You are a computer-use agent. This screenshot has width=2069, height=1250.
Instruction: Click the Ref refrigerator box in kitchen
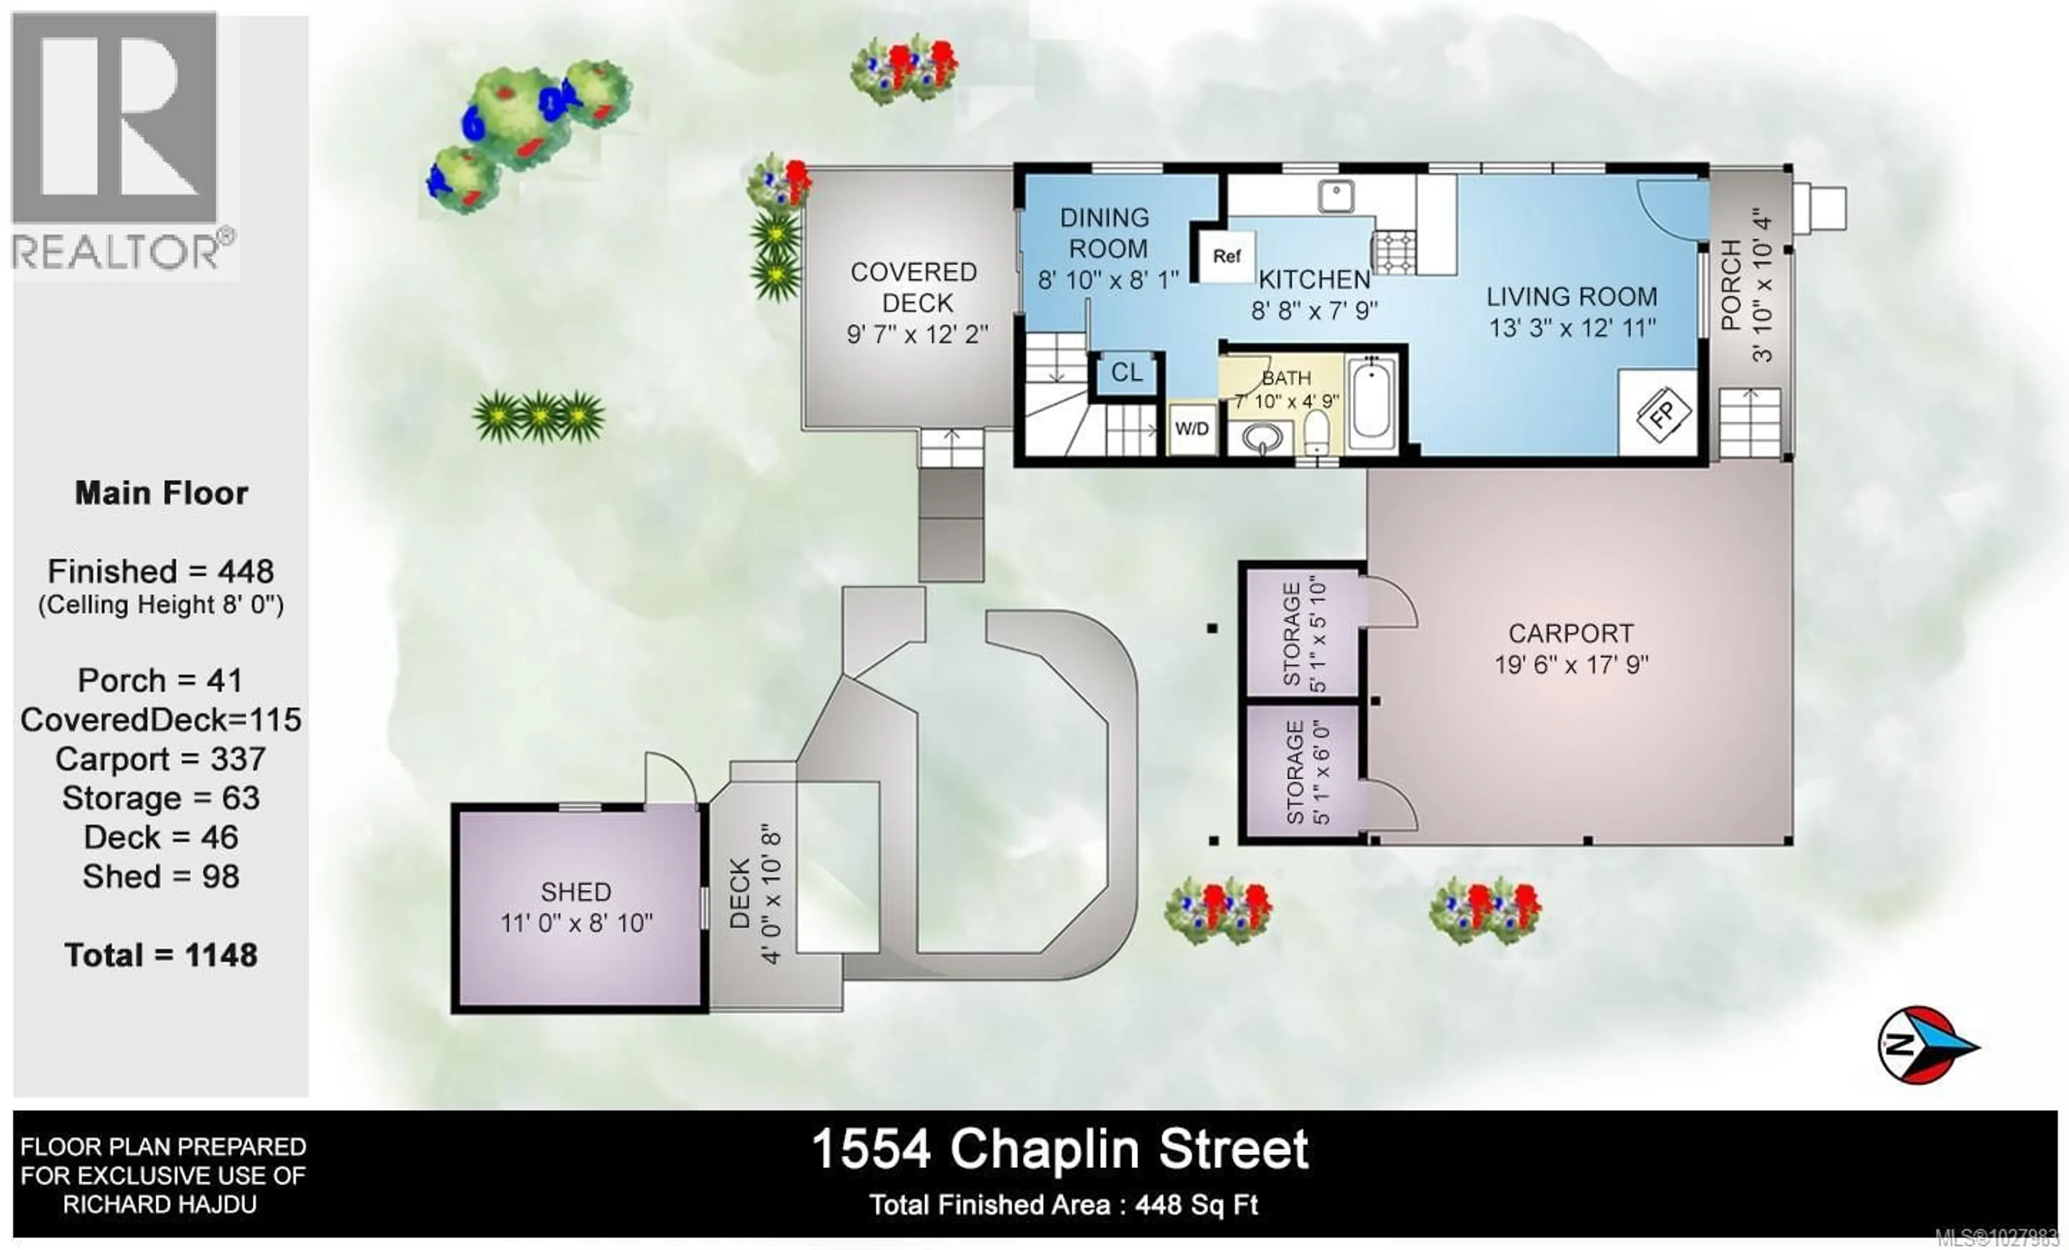point(1226,256)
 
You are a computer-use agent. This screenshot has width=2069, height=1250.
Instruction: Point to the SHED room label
point(576,892)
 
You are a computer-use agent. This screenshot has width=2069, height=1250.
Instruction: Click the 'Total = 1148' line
point(161,955)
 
